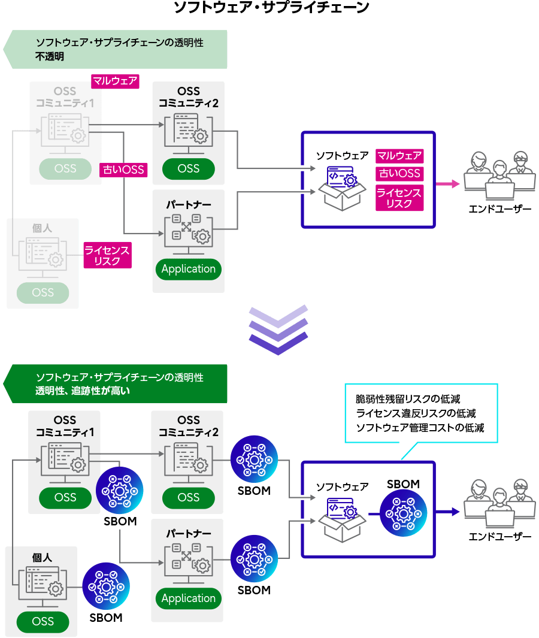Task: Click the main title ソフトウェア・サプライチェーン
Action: (x=271, y=8)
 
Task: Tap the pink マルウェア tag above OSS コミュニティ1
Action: (x=115, y=81)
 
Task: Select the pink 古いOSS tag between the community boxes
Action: (x=123, y=170)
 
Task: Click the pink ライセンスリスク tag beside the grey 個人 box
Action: (x=107, y=255)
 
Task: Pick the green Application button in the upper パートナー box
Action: (x=188, y=269)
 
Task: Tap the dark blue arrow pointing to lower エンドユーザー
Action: (x=447, y=512)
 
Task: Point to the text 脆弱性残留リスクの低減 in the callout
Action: (x=408, y=398)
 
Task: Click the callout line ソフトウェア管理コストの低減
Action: (x=419, y=428)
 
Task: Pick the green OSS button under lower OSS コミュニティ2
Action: (x=188, y=497)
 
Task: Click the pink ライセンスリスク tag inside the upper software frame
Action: (x=399, y=198)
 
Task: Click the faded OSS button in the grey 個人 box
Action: (x=43, y=293)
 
